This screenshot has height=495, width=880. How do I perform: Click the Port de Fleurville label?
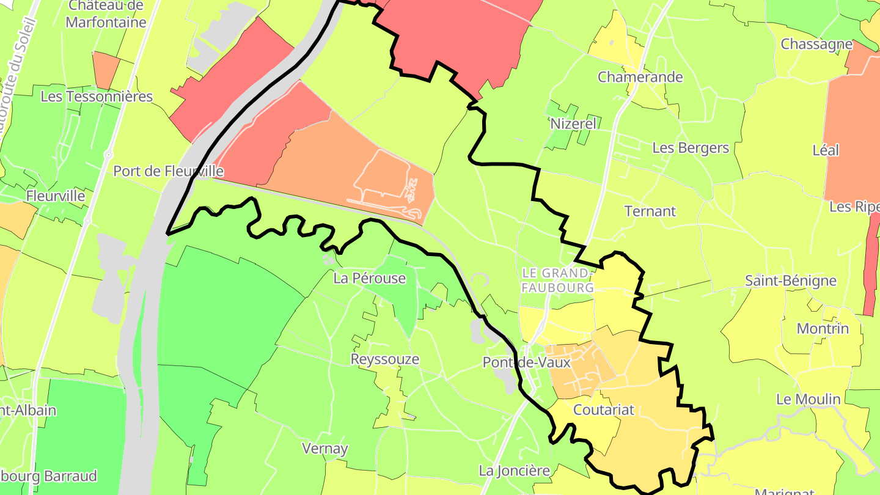(168, 171)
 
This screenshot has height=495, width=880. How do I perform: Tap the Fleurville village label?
(56, 196)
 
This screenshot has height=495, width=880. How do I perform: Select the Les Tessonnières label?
(97, 97)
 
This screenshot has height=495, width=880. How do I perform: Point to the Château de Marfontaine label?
(106, 14)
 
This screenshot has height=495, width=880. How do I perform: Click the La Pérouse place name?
(370, 279)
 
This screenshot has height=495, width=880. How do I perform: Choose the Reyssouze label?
(385, 359)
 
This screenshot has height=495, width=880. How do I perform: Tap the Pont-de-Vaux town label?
(527, 362)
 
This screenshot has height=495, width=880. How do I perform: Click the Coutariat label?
(604, 409)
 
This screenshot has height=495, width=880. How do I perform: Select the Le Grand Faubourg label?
(557, 279)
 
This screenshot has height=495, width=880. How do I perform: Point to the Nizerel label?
(573, 123)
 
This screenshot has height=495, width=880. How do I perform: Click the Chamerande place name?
(640, 77)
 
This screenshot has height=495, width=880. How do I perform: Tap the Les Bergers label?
(691, 148)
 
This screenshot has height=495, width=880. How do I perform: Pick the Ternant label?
(650, 211)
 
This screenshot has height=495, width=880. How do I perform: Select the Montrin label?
(823, 329)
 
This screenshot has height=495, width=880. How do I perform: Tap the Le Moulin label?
(809, 399)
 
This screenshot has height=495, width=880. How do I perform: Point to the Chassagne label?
(816, 45)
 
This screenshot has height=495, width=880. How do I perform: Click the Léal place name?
(826, 150)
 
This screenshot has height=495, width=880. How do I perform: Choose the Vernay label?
(325, 449)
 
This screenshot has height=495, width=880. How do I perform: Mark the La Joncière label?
(515, 471)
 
